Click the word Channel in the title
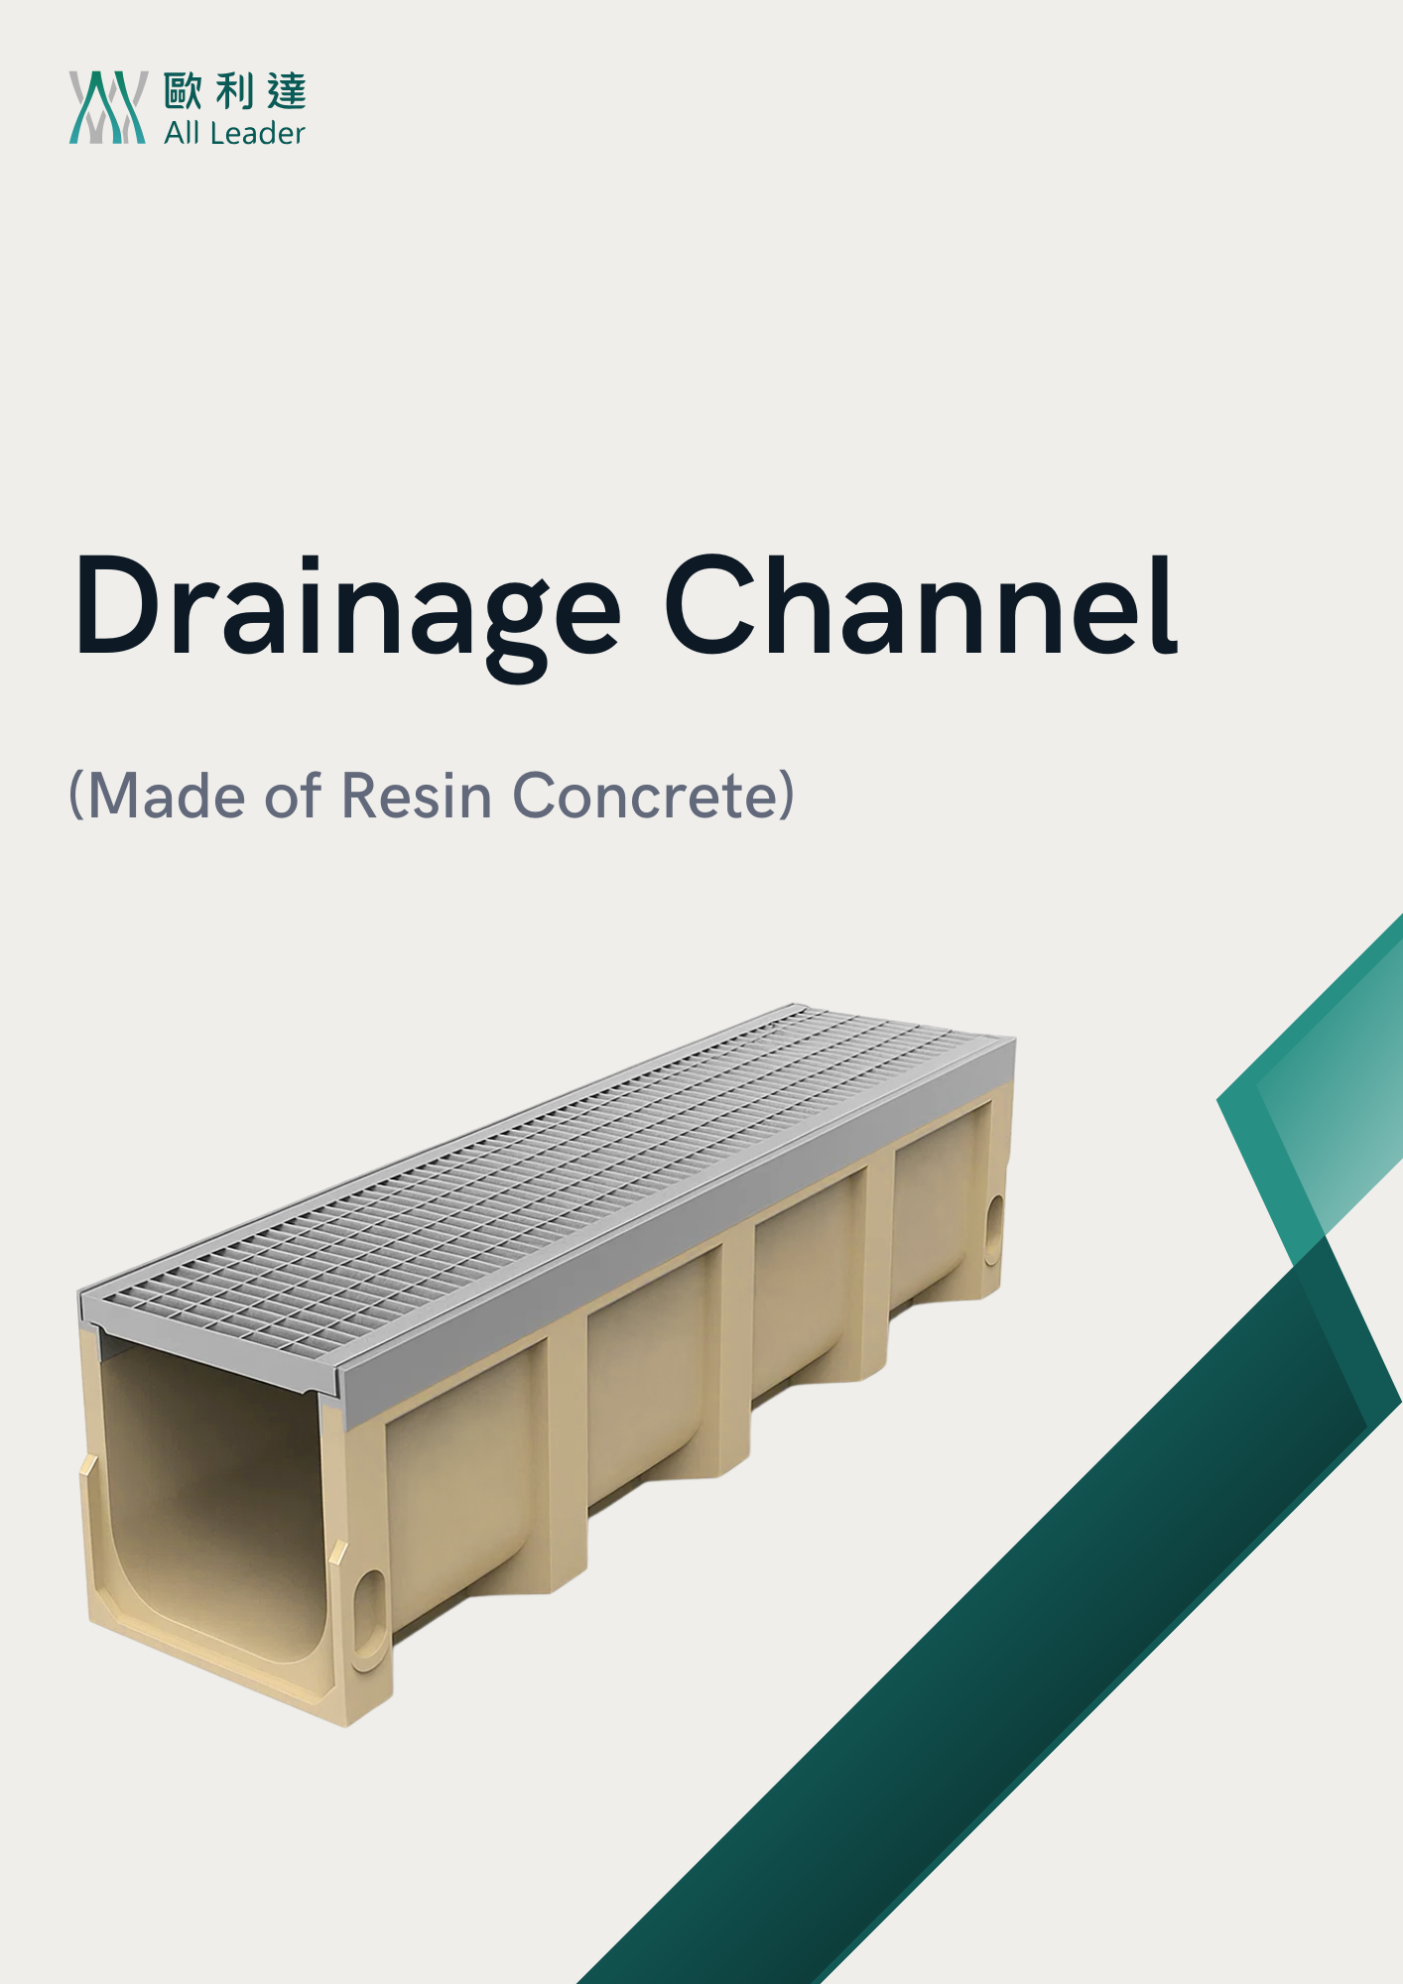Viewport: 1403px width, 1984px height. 922,606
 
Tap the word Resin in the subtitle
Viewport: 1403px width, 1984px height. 417,796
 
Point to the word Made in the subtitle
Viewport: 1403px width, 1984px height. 167,796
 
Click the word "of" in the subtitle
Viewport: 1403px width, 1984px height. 294,796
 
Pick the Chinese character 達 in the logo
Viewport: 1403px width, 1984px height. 287,91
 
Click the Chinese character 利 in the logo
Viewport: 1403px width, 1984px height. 235,91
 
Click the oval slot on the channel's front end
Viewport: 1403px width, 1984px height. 369,1607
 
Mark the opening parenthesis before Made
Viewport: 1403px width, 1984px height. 76,796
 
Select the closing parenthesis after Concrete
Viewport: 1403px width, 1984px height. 786,796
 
